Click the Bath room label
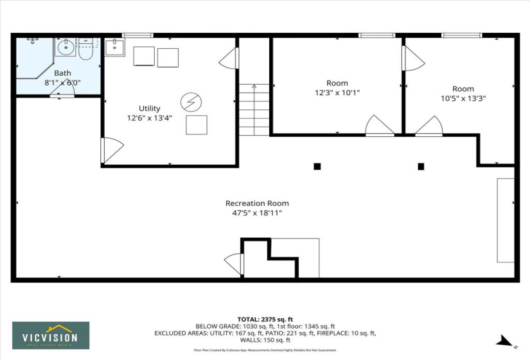point(62,73)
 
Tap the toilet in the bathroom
point(86,50)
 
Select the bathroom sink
point(65,47)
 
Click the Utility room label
point(150,109)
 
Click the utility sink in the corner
point(114,47)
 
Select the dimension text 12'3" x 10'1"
point(337,93)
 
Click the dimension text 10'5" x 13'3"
point(463,98)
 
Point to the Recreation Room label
point(257,204)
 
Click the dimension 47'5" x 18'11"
point(257,213)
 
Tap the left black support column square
point(317,166)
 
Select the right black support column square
point(421,166)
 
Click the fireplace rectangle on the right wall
point(506,220)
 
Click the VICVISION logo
point(51,335)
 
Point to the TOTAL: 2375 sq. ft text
point(265,319)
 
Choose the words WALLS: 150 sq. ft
point(265,340)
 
